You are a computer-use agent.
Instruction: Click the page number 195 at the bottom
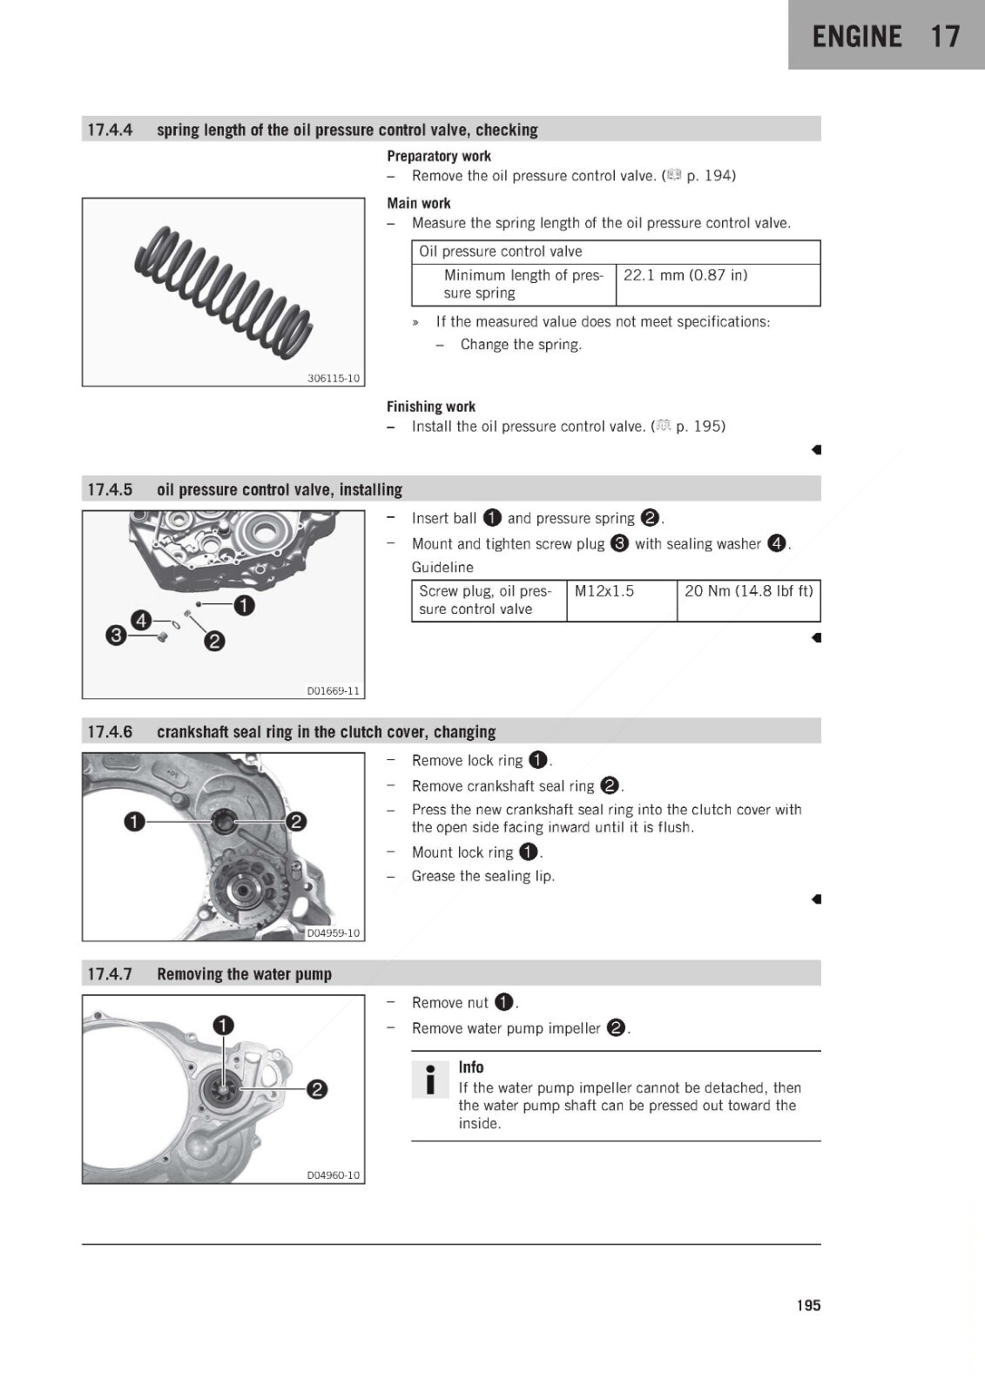pyautogui.click(x=808, y=1305)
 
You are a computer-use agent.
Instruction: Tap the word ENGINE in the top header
pyautogui.click(x=857, y=36)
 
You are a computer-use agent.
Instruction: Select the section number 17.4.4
pyautogui.click(x=110, y=130)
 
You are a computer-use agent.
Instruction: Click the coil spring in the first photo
pyautogui.click(x=223, y=291)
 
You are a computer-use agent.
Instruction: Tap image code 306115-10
pyautogui.click(x=334, y=378)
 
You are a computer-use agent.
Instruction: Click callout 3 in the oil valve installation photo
pyautogui.click(x=116, y=636)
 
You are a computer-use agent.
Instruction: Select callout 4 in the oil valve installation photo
pyautogui.click(x=141, y=620)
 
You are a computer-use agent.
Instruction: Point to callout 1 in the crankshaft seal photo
pyautogui.click(x=134, y=822)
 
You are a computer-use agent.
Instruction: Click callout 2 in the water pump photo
pyautogui.click(x=317, y=1089)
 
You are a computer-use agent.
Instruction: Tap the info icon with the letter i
pyautogui.click(x=430, y=1079)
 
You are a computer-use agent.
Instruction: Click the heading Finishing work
pyautogui.click(x=430, y=407)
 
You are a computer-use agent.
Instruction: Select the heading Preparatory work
pyautogui.click(x=439, y=156)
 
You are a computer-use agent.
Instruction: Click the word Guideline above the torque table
pyautogui.click(x=442, y=567)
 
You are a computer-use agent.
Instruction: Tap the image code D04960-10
pyautogui.click(x=334, y=1175)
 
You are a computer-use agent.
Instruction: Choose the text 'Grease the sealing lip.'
pyautogui.click(x=482, y=876)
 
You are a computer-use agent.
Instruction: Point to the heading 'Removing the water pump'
pyautogui.click(x=244, y=974)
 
